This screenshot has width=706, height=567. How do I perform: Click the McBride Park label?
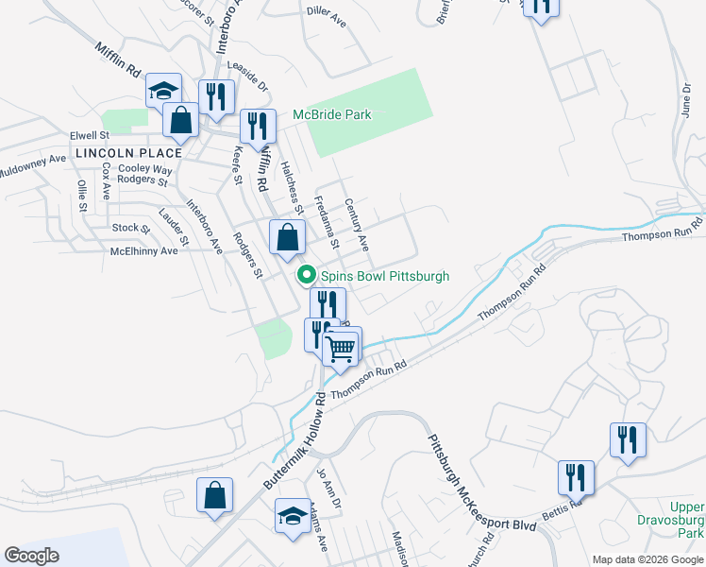coord(331,114)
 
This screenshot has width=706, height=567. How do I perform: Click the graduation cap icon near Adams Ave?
coord(294,517)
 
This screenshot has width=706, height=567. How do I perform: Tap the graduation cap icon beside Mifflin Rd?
coord(164,92)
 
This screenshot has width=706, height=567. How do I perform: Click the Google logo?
coord(31,556)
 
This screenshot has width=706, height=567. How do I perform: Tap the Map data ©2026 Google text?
coord(647,559)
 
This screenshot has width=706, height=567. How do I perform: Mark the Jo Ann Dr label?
coord(328,486)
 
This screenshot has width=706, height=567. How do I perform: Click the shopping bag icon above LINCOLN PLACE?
coord(180,121)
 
